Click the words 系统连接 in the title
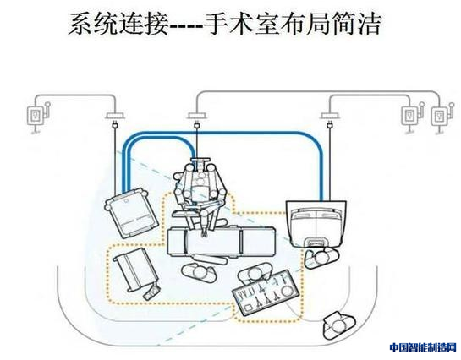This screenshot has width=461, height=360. click(118, 25)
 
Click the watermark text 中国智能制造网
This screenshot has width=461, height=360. click(423, 347)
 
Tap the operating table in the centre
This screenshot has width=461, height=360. click(221, 242)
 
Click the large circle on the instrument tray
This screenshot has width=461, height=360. click(288, 291)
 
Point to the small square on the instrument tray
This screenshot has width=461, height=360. click(249, 308)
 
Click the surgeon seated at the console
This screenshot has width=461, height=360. click(321, 257)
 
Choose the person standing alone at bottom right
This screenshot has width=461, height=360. click(338, 325)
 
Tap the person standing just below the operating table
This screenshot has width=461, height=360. click(200, 272)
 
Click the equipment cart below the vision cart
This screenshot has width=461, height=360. click(137, 274)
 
